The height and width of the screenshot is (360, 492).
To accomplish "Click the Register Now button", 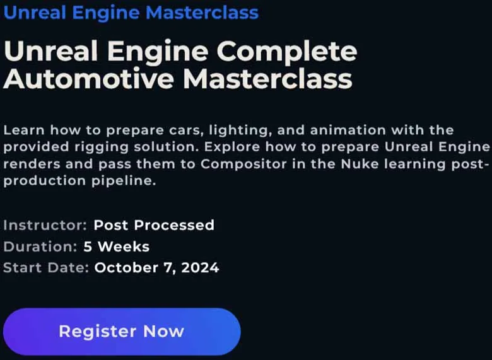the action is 122,332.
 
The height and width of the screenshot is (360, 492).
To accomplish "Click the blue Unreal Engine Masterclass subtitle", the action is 131,13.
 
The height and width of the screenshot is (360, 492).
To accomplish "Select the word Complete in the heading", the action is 287,52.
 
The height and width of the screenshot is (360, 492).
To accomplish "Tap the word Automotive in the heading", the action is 88,78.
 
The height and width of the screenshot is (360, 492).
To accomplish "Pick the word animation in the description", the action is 348,130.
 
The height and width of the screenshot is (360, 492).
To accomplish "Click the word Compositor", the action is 243,165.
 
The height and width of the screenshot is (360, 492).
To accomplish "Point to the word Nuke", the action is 360,164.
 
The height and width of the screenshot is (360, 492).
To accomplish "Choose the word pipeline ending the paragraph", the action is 123,181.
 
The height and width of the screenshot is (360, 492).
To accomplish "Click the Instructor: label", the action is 45,225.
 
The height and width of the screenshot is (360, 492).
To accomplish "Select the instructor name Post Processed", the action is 154,225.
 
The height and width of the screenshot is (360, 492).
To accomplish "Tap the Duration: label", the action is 40,247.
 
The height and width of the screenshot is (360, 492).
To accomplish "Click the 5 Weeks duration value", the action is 117,247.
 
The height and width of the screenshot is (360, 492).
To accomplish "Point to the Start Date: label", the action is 46,268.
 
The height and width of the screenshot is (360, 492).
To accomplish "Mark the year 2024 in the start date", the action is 200,268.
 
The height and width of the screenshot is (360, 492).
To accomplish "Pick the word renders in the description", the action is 32,165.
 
